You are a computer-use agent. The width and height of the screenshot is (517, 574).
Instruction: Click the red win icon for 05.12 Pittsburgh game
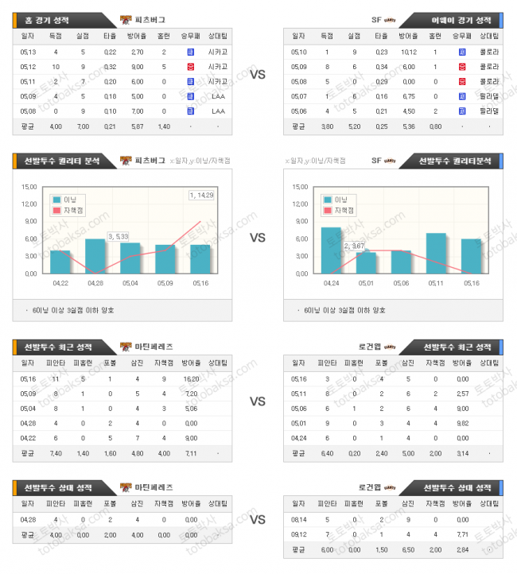tap(190, 67)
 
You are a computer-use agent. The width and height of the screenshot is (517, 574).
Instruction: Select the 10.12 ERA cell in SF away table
tap(409, 52)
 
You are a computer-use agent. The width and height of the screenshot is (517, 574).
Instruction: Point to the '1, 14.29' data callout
tap(200, 195)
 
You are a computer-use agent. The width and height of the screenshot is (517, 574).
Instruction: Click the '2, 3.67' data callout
tap(354, 246)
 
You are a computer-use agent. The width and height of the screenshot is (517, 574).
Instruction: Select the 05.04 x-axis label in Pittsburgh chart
tap(130, 281)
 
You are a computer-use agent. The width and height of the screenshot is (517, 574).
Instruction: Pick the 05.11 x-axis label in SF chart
tap(436, 281)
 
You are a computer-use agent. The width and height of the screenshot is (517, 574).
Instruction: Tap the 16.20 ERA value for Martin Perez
tap(191, 379)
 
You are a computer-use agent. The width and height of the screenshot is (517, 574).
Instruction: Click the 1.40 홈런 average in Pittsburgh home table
tap(164, 126)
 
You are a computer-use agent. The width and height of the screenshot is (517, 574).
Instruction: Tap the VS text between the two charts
tap(258, 238)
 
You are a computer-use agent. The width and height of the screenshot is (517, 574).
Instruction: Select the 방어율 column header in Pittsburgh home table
tap(136, 36)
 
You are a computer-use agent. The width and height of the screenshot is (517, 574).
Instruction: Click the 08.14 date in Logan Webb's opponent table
tap(299, 520)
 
